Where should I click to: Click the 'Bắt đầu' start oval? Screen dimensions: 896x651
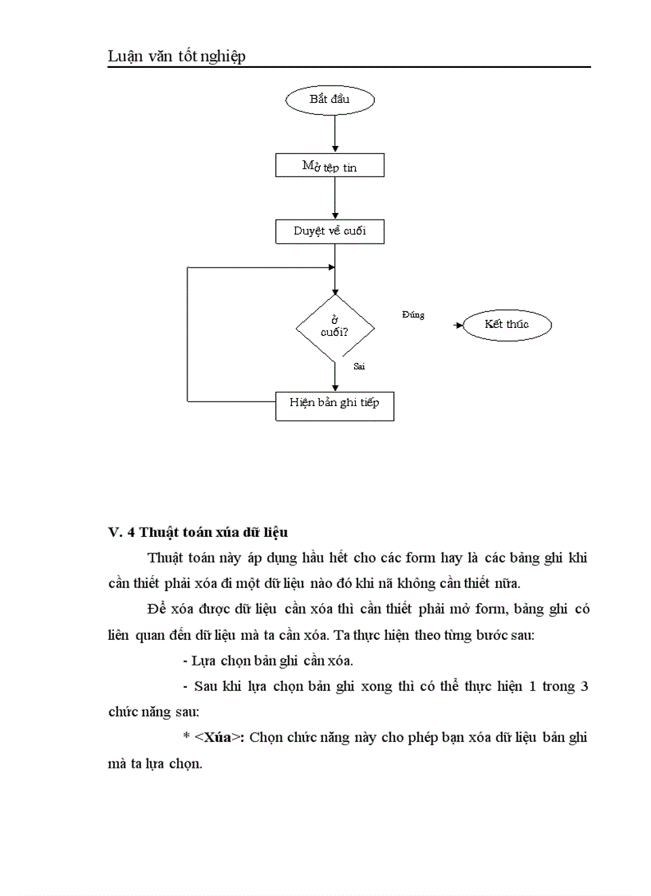tap(329, 100)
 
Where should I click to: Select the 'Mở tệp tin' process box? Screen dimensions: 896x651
tap(329, 166)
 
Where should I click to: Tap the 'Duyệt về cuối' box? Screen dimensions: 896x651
tap(329, 231)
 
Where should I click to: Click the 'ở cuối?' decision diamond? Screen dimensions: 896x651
tap(334, 326)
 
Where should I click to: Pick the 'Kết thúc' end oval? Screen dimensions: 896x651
tap(507, 325)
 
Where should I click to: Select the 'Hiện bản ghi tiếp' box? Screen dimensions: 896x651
tap(334, 404)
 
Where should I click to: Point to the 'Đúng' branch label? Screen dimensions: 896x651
tap(413, 315)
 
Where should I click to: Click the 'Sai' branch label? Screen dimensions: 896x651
tap(359, 365)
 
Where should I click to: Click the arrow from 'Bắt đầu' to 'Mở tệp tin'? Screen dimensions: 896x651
tap(335, 132)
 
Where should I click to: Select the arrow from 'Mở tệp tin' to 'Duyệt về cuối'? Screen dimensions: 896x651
tap(335, 199)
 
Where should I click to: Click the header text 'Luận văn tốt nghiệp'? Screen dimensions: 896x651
tap(176, 56)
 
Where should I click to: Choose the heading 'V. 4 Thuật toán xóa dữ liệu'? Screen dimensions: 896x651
tap(198, 531)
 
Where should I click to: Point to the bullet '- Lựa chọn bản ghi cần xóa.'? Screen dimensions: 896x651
tap(268, 661)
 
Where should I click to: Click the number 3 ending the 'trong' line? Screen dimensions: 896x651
tap(584, 686)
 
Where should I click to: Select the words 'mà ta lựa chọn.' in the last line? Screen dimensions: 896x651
tap(155, 763)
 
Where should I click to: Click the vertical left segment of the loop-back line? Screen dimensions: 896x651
tap(187, 335)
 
